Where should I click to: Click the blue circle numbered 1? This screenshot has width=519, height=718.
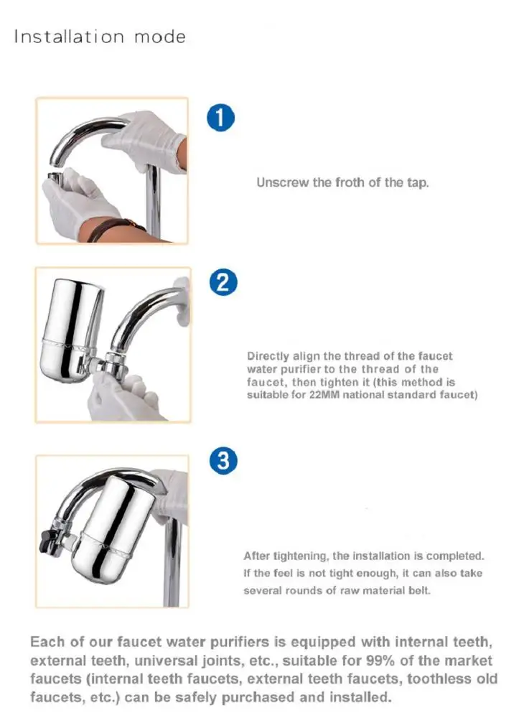[x=222, y=118]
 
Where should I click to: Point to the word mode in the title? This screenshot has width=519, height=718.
[x=160, y=37]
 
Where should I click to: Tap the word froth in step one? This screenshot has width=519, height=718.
[x=350, y=182]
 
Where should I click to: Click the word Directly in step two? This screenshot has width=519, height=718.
[x=268, y=356]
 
